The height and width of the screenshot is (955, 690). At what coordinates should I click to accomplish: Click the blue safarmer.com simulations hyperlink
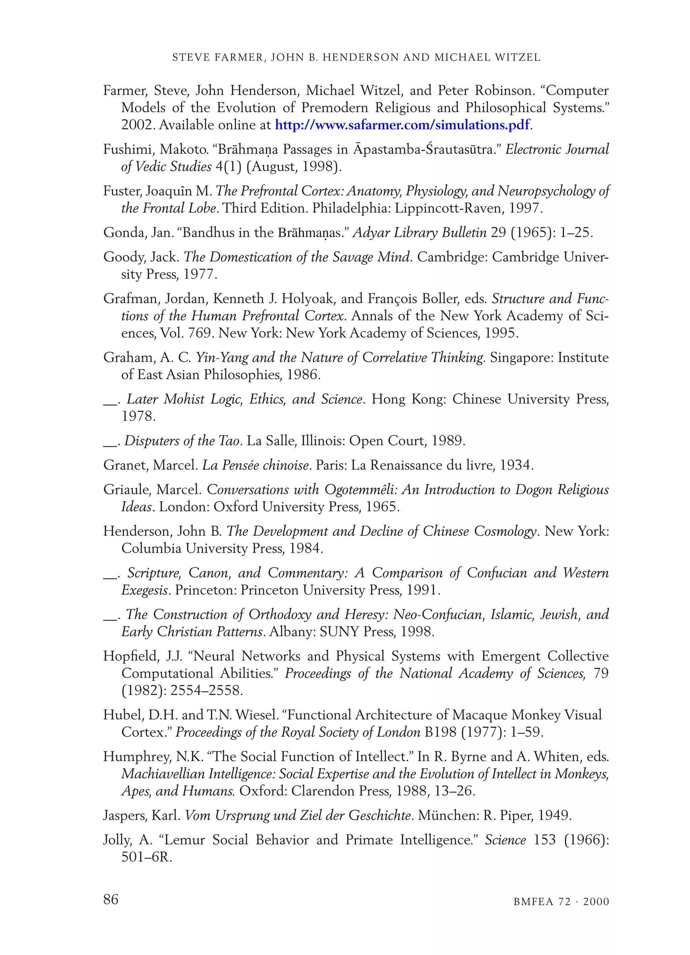(402, 125)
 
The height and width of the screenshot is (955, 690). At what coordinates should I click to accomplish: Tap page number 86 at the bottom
(111, 899)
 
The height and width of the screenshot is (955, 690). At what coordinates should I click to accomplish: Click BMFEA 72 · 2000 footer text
(561, 901)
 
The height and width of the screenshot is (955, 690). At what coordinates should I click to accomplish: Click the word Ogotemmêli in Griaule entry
(360, 490)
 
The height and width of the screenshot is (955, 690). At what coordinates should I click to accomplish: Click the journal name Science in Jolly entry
(505, 840)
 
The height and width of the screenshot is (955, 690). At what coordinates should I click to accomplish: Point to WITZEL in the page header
(518, 58)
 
